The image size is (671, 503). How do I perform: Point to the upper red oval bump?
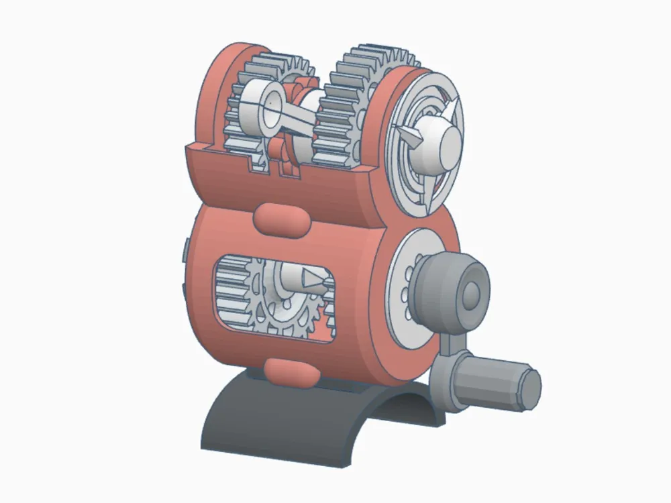tap(281, 219)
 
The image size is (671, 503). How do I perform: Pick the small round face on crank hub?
tap(472, 292)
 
